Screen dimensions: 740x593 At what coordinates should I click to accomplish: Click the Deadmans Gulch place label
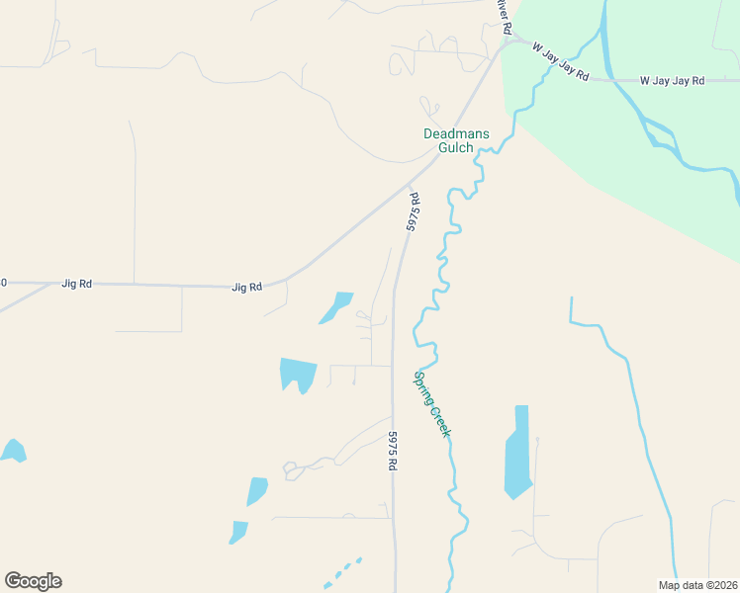tap(448, 140)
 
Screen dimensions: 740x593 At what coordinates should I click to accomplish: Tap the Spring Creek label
tap(432, 403)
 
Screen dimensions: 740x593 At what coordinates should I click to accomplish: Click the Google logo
tap(33, 581)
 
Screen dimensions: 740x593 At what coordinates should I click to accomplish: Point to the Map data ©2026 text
tap(697, 585)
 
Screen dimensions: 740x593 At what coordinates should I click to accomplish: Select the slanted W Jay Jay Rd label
tap(560, 60)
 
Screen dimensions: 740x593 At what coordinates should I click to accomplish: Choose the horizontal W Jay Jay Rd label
tap(672, 80)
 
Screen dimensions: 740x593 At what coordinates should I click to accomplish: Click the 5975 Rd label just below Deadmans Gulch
tap(414, 212)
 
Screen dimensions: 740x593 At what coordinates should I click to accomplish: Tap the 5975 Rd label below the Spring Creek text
tap(392, 450)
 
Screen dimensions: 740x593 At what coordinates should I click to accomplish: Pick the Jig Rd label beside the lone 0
tap(77, 284)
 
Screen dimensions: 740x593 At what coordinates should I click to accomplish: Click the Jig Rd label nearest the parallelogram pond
tap(246, 288)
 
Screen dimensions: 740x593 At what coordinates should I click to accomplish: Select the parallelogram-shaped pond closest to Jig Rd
tap(336, 306)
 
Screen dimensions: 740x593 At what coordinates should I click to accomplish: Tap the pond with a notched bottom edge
tap(298, 374)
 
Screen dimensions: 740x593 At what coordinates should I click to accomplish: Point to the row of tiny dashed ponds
tap(342, 571)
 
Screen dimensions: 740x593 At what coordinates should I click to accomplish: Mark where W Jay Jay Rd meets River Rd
tap(510, 42)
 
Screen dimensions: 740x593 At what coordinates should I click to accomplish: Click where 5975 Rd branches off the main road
tap(409, 185)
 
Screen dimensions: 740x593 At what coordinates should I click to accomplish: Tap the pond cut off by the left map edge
tap(12, 451)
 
